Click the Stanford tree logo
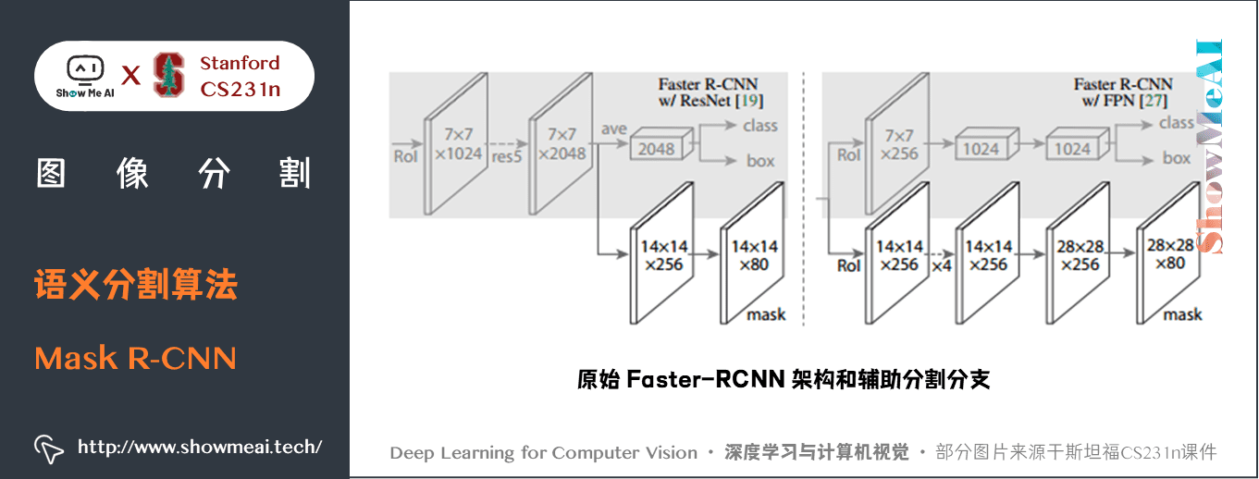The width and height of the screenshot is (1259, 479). click(x=168, y=75)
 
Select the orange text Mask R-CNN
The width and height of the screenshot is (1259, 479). click(x=135, y=357)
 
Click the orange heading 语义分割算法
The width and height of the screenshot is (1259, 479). click(x=136, y=284)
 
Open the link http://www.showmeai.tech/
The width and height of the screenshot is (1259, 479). click(x=199, y=448)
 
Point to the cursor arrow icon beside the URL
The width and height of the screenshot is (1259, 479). click(x=48, y=448)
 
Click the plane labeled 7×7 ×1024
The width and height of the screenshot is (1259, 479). click(x=455, y=144)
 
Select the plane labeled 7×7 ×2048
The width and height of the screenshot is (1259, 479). click(x=560, y=144)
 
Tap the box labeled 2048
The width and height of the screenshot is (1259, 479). click(x=656, y=148)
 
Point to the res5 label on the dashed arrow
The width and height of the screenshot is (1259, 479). click(x=507, y=155)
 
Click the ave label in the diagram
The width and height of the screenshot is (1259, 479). click(x=613, y=129)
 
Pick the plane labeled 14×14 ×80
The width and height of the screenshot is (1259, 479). click(x=753, y=254)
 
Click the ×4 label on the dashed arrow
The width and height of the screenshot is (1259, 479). click(x=941, y=266)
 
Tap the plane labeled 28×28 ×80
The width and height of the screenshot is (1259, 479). click(x=1168, y=254)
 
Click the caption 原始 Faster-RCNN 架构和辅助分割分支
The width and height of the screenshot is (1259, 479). click(x=784, y=379)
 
